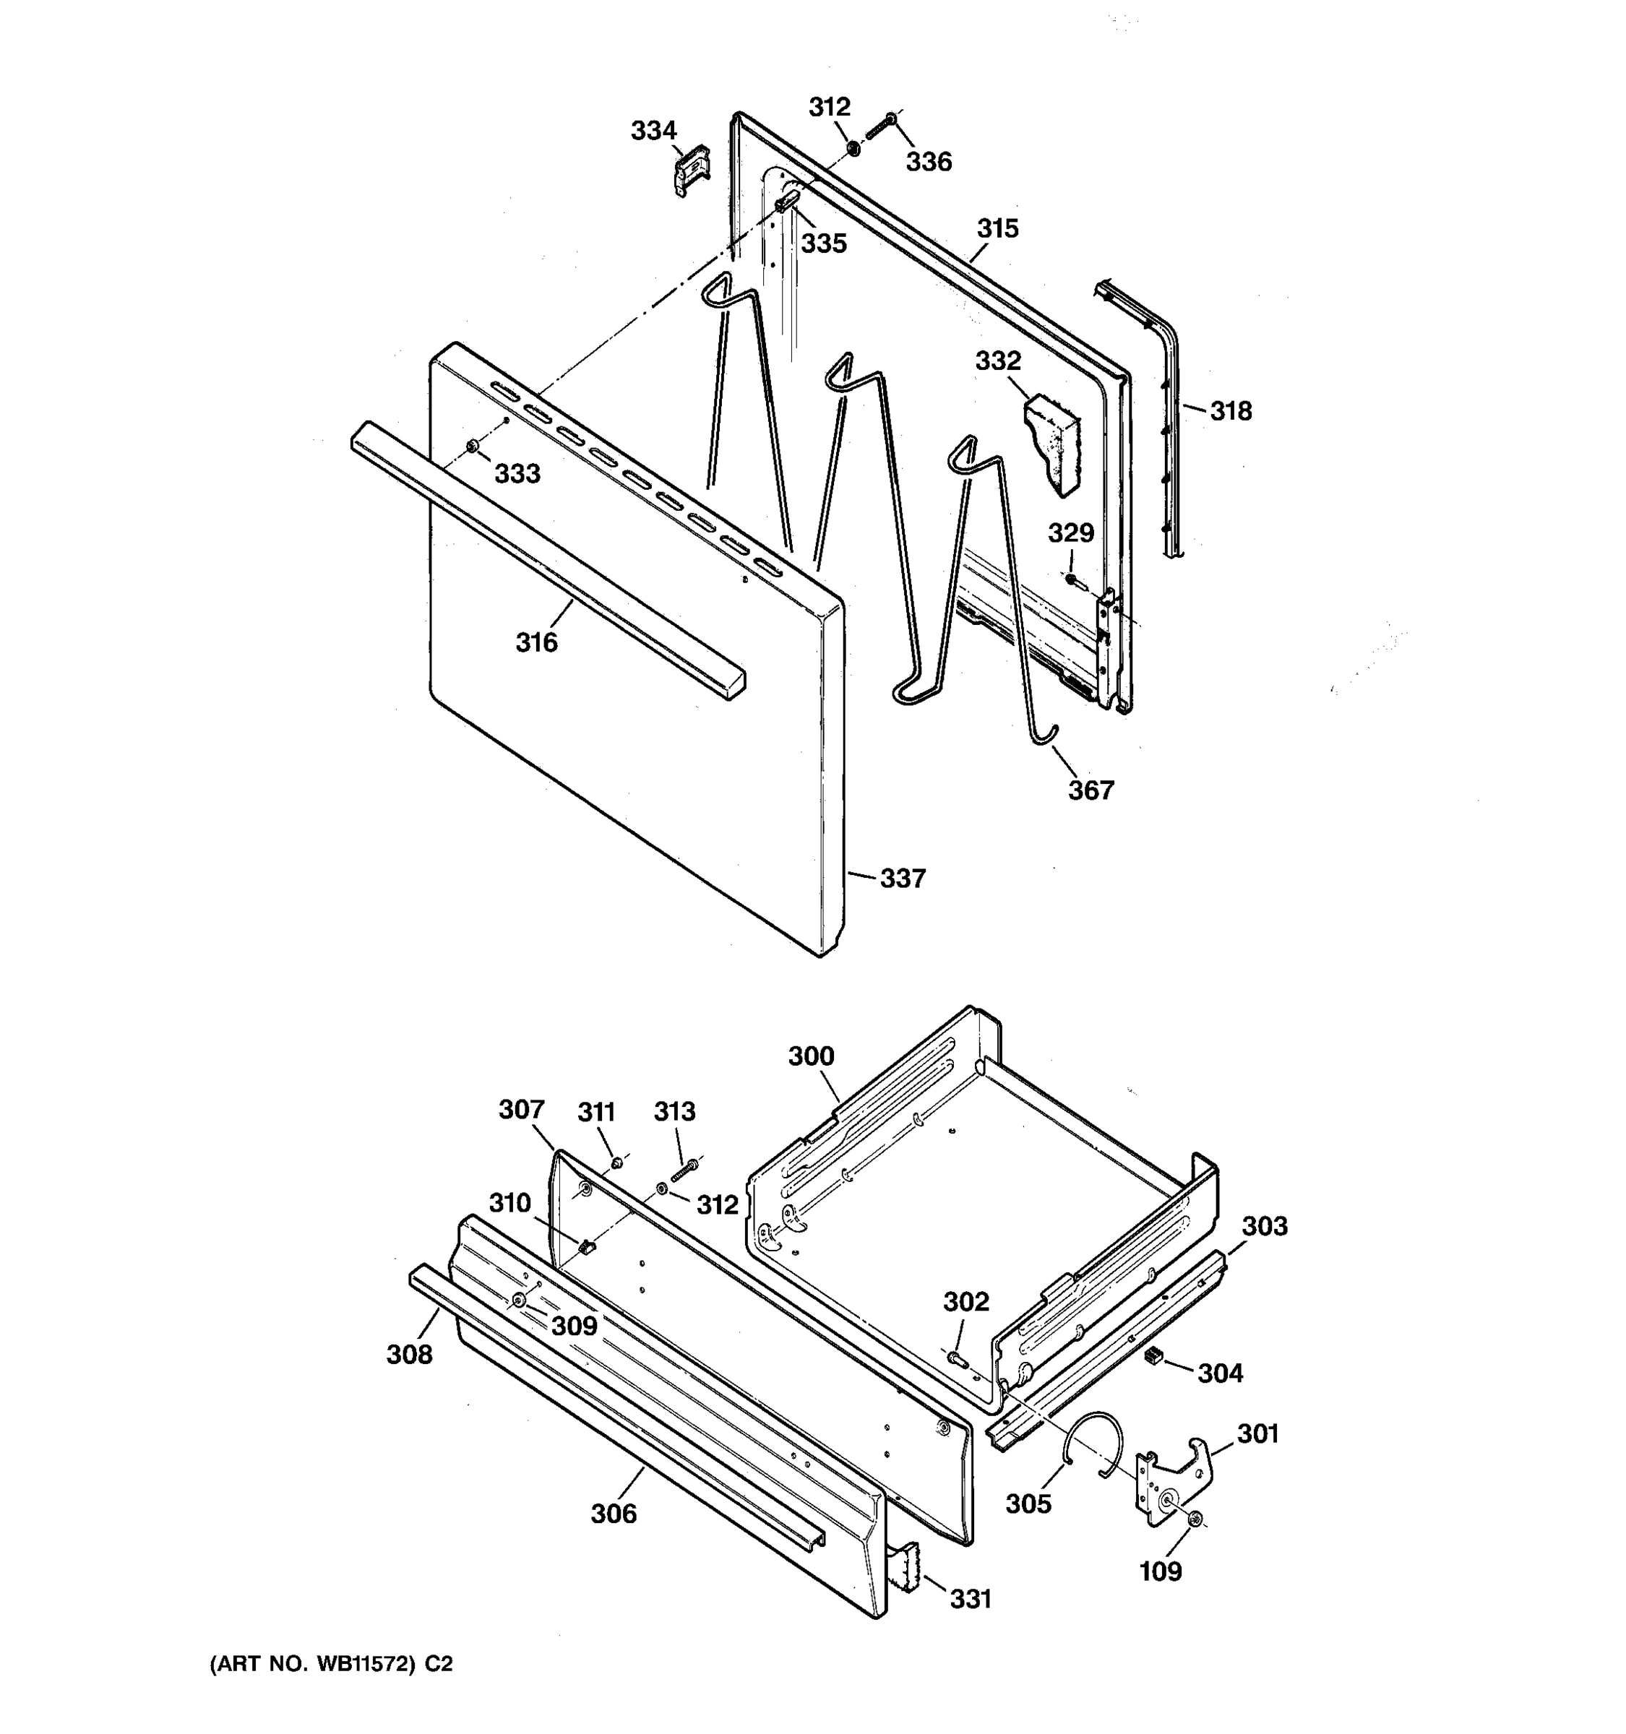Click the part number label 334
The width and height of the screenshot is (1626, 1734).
[653, 131]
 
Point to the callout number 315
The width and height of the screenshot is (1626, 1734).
[997, 228]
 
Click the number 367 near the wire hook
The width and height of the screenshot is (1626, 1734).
[1091, 790]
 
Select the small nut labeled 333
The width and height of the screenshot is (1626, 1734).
[472, 447]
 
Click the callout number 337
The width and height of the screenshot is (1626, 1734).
[902, 879]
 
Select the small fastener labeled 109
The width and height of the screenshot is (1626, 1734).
[1196, 1520]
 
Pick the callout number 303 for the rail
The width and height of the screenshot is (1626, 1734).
[1264, 1226]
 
